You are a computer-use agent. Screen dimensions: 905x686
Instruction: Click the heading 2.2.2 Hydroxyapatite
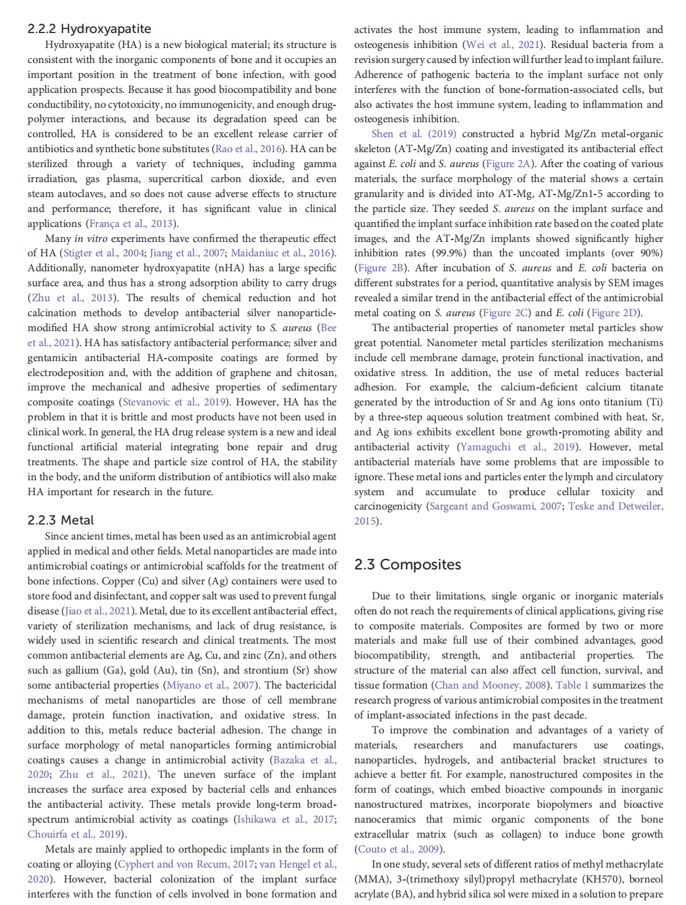click(x=89, y=29)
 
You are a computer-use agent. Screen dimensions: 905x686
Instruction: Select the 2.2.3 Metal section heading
click(x=60, y=520)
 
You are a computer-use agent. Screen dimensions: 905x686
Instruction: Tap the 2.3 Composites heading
click(x=407, y=564)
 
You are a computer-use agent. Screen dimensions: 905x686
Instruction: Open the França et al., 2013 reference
click(x=132, y=223)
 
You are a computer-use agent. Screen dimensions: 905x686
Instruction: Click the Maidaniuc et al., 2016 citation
click(x=281, y=253)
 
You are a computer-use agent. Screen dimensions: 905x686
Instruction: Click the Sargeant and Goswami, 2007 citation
click(x=496, y=506)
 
